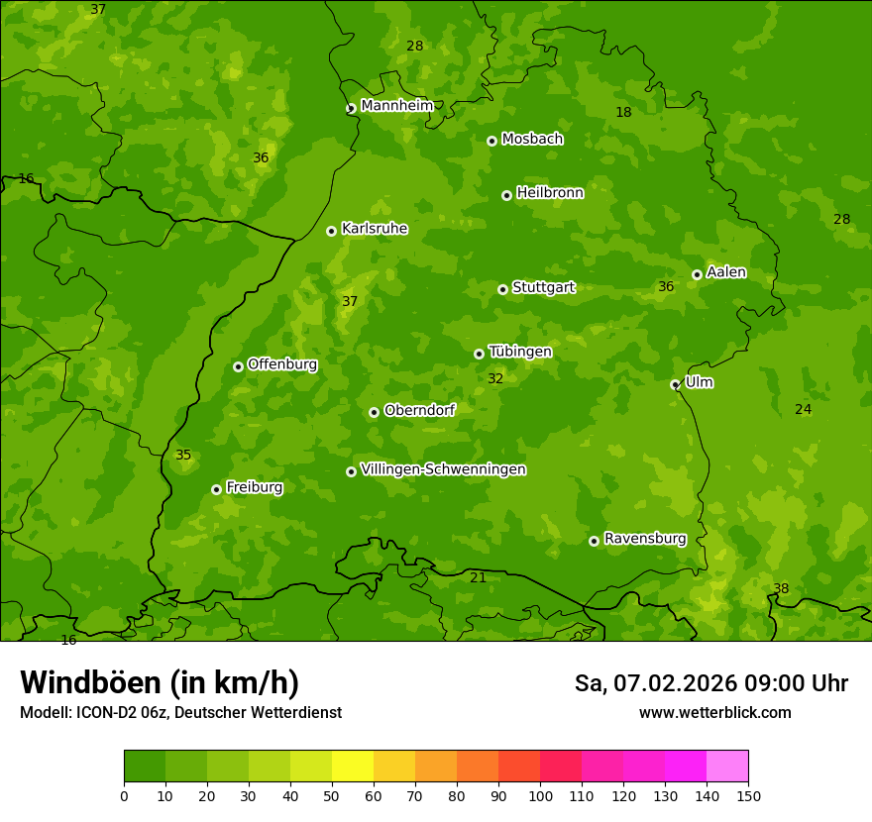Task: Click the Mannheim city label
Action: click(396, 106)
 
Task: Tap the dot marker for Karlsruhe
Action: click(331, 231)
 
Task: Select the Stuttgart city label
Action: click(543, 288)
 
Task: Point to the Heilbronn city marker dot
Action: click(506, 195)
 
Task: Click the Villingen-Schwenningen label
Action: click(443, 469)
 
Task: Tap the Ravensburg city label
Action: click(645, 539)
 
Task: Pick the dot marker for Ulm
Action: click(675, 384)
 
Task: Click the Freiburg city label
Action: click(254, 487)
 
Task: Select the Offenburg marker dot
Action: click(238, 366)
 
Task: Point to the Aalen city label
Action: click(726, 272)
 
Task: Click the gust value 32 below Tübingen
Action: click(495, 378)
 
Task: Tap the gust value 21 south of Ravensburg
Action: click(478, 577)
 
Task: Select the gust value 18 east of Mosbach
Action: click(623, 112)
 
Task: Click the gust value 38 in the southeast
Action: click(781, 588)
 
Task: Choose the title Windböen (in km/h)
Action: click(160, 682)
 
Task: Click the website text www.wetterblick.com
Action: click(714, 712)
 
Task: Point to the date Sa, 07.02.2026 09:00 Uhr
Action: click(710, 683)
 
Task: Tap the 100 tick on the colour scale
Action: click(540, 795)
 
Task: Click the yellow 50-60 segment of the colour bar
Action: click(353, 767)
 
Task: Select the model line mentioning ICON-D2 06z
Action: click(180, 712)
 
